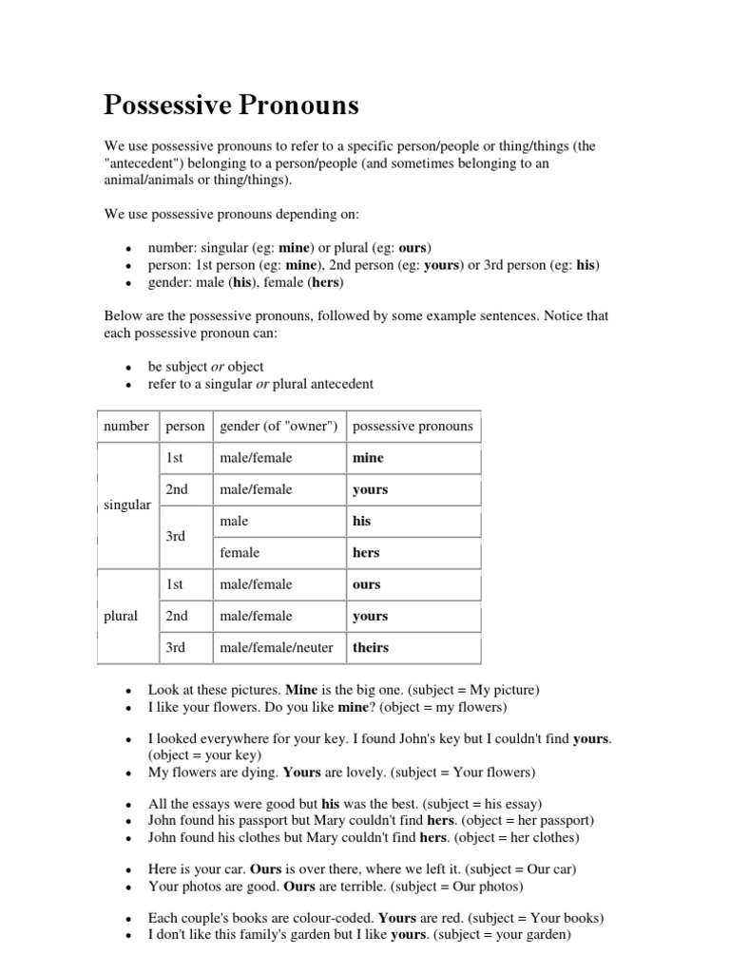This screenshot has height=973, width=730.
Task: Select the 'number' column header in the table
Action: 126,426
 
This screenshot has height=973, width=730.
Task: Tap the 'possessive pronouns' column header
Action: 413,426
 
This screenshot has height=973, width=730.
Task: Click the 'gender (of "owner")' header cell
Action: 279,426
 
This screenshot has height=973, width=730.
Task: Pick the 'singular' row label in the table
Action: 126,505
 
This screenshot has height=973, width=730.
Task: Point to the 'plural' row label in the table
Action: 121,616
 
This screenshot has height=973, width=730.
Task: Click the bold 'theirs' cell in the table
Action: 371,647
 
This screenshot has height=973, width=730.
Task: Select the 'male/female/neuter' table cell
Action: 277,647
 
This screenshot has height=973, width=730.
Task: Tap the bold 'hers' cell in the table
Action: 366,552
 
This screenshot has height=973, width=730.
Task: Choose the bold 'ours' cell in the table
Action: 366,584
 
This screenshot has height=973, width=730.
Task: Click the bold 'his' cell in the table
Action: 362,521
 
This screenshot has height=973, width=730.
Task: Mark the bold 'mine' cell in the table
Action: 368,458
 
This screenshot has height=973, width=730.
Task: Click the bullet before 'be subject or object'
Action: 126,368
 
